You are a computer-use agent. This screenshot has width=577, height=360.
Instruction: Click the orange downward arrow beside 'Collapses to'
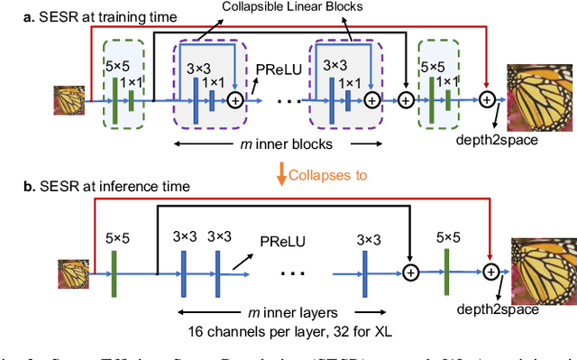(280, 173)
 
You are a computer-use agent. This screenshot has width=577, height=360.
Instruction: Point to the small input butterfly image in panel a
(71, 101)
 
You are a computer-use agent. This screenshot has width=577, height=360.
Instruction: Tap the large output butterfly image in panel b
(543, 270)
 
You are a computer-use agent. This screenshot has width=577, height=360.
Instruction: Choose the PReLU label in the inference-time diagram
(279, 242)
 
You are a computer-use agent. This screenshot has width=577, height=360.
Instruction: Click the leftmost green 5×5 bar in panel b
(114, 271)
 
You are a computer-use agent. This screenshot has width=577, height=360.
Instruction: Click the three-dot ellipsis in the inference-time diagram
(295, 271)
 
